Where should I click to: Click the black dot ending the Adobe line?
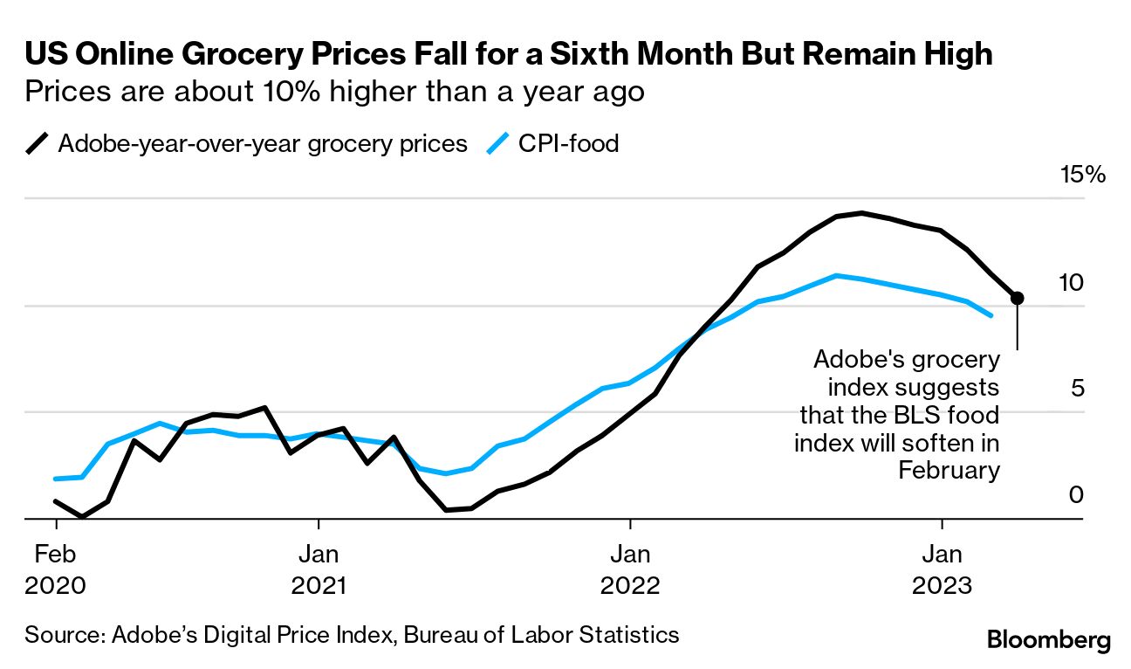tap(1017, 298)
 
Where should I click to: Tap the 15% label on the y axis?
tap(1082, 175)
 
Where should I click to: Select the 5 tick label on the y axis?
tap(1076, 388)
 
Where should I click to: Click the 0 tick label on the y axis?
tap(1076, 495)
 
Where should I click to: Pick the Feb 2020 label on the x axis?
tap(56, 569)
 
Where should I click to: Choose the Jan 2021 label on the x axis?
tap(319, 569)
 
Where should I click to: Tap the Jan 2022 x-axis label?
tap(629, 569)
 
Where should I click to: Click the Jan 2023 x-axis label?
tap(942, 569)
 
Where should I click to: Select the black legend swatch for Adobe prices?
tap(38, 143)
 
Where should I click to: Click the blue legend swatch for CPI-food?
tap(497, 143)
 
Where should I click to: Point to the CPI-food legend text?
tap(568, 143)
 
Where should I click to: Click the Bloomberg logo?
tap(1049, 640)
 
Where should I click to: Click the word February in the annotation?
tap(949, 470)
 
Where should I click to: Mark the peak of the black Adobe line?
tap(861, 212)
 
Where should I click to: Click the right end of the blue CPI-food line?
tap(991, 315)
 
